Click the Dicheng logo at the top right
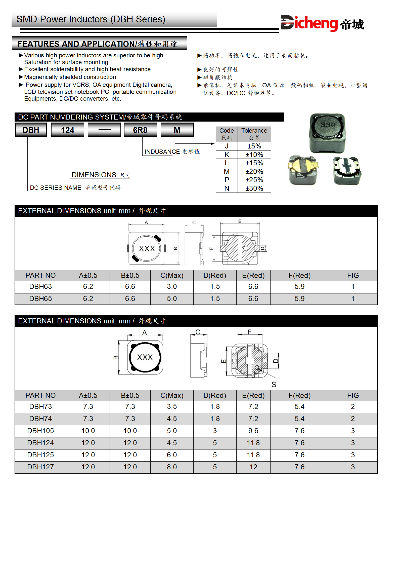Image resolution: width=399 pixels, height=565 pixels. click(322, 24)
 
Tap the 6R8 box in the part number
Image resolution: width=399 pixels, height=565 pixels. click(140, 130)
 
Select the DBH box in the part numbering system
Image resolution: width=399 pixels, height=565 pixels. click(31, 130)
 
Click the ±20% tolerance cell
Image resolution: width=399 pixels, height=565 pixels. click(254, 171)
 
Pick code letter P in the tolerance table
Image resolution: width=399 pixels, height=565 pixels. click(227, 180)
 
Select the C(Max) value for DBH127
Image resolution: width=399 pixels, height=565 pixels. click(172, 467)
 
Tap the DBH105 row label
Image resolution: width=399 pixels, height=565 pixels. click(40, 431)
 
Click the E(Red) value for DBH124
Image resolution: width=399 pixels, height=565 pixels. click(253, 443)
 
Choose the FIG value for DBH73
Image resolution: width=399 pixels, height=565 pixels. click(353, 406)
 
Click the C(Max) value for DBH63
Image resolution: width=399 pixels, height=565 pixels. click(172, 286)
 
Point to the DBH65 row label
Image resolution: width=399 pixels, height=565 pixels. click(40, 298)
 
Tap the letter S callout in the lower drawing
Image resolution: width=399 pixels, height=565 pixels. click(274, 385)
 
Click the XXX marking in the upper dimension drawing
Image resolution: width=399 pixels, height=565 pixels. click(147, 249)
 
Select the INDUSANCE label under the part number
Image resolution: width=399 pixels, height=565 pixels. click(162, 152)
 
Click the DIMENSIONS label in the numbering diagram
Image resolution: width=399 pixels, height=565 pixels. click(94, 175)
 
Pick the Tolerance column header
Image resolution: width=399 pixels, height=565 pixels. click(254, 131)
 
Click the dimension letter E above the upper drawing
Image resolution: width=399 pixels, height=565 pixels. click(240, 221)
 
